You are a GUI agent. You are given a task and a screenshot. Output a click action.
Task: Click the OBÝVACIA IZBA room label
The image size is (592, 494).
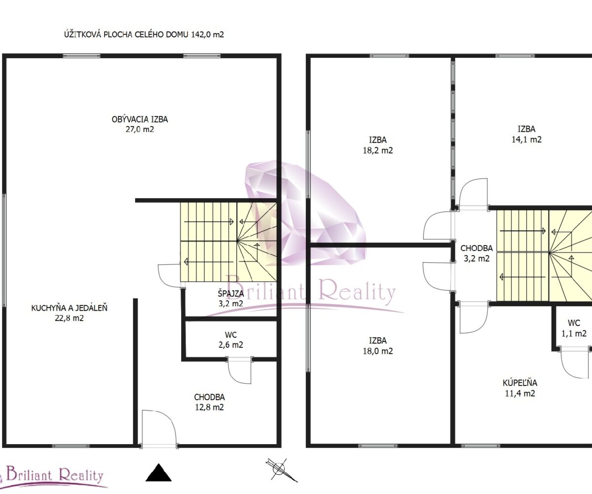point(140,119)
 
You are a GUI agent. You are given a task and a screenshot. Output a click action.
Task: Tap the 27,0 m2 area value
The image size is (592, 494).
point(140,129)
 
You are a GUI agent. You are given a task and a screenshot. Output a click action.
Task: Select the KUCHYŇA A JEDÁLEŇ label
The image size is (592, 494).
point(69,308)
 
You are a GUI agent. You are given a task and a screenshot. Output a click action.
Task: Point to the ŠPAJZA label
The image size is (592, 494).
point(231,293)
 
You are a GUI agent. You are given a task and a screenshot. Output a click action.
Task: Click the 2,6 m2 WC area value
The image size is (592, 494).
point(231,345)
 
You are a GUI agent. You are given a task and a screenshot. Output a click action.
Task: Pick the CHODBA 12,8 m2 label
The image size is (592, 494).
point(209,402)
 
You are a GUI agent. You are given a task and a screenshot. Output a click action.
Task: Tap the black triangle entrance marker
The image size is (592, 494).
point(158,473)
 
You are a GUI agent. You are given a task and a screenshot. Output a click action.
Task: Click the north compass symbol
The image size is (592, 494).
point(281,470)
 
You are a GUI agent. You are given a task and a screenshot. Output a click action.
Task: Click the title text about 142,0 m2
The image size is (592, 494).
point(144,35)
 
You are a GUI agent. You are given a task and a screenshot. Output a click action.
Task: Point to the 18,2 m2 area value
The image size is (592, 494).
point(378,151)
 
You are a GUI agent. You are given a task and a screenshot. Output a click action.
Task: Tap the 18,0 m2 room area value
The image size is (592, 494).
point(378,351)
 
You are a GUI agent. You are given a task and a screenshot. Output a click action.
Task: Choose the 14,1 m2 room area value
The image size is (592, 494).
point(526,139)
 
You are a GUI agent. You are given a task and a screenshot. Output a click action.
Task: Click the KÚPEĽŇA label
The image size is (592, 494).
point(520,383)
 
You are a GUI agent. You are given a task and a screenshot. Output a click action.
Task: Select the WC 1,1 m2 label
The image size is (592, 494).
point(574,328)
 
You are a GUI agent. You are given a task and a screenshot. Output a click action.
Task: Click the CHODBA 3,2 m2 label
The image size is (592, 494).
point(477,253)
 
